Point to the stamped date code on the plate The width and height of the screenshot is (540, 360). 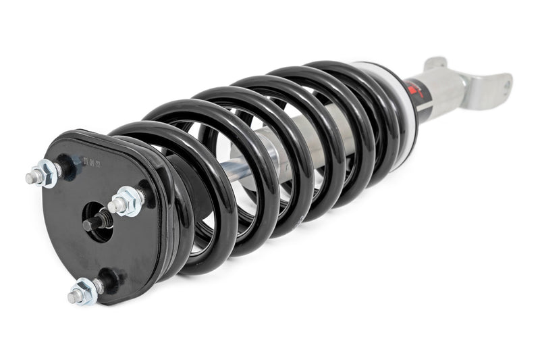tap(94, 162)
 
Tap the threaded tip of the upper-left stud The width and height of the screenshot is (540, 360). tap(31, 179)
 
